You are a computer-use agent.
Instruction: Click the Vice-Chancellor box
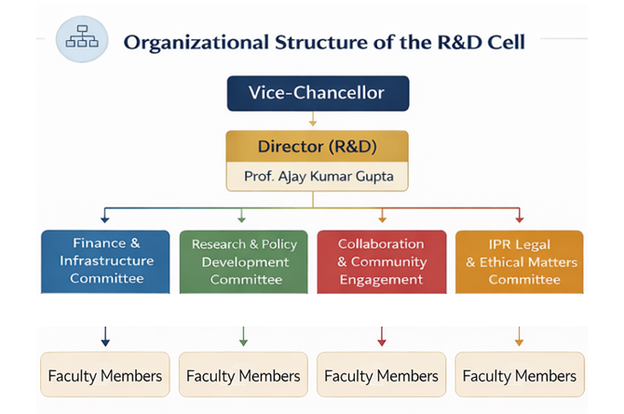tap(318, 93)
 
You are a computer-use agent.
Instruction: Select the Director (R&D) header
tap(318, 146)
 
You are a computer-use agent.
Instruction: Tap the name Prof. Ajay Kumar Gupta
tap(319, 176)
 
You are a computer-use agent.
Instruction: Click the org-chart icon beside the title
tap(82, 39)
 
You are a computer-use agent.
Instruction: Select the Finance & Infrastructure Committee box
tap(105, 261)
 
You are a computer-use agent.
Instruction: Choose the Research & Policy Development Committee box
tap(244, 261)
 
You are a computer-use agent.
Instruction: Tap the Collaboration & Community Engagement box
tap(382, 261)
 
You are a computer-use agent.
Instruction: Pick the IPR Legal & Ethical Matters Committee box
tap(520, 261)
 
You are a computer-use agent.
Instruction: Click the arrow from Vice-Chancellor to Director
tap(313, 119)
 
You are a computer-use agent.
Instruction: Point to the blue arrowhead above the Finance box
tap(105, 219)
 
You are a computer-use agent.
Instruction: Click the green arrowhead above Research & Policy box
tap(241, 219)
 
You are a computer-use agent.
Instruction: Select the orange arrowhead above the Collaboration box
tap(383, 219)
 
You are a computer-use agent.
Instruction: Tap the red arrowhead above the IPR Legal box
tap(520, 219)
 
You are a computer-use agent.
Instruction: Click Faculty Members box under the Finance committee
tap(105, 375)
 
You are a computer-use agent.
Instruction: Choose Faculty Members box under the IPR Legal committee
tap(520, 375)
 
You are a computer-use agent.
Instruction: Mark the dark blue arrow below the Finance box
tap(105, 337)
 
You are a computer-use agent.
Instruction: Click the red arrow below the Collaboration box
tap(382, 337)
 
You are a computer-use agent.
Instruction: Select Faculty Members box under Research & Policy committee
tap(244, 375)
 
